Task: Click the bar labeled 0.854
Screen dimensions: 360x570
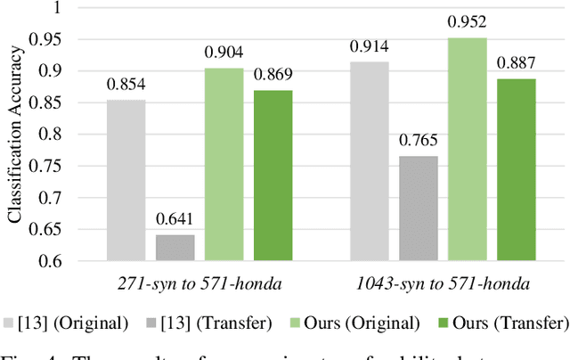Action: [x=126, y=179]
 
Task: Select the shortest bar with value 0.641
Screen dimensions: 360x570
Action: [x=175, y=248]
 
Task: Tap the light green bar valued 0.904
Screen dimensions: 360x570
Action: [x=224, y=164]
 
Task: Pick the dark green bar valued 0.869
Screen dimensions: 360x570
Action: [x=272, y=175]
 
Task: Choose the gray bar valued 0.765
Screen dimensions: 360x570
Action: [x=419, y=208]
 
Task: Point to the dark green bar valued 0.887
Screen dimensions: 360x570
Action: [x=516, y=169]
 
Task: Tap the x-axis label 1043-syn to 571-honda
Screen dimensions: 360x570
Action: [x=443, y=283]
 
